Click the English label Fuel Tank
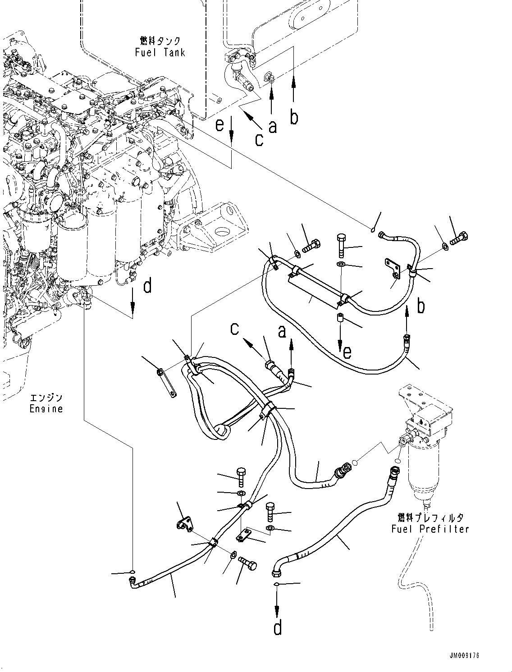(160, 53)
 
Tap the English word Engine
(46, 409)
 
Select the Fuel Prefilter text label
(430, 529)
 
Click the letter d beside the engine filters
(147, 286)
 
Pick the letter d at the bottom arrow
(278, 627)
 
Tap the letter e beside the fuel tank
(219, 124)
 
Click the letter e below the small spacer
(346, 352)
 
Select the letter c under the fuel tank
(259, 139)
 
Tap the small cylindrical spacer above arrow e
(341, 318)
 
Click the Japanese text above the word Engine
(46, 398)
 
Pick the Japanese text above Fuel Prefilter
(430, 517)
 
